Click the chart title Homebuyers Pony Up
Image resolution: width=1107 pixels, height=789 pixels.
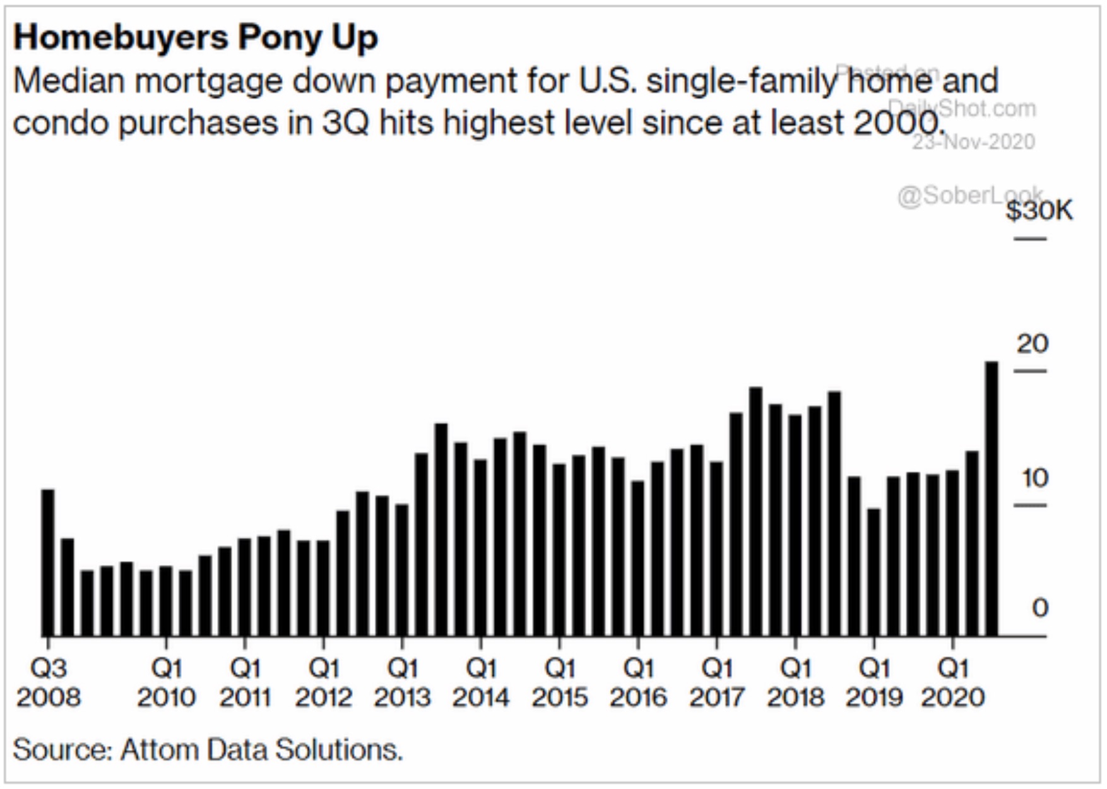196,37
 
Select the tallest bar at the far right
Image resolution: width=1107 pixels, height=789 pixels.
992,499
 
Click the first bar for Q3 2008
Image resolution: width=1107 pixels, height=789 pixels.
48,562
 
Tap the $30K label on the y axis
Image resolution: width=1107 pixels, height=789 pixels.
1039,210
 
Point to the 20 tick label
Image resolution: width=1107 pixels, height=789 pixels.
1032,344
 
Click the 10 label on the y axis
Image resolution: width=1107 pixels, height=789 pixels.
1034,478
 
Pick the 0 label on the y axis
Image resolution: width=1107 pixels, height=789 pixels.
1039,608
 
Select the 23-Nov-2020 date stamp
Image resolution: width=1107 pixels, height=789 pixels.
973,142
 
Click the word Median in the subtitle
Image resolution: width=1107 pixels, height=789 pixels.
69,81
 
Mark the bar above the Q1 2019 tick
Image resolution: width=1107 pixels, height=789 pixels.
873,571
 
